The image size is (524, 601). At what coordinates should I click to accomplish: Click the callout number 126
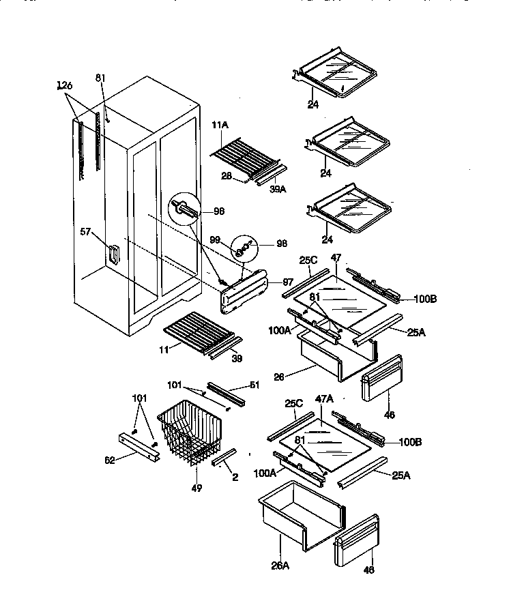[65, 85]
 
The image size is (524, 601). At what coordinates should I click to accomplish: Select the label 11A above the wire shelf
[219, 126]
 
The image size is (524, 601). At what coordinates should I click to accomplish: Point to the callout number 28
[227, 177]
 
